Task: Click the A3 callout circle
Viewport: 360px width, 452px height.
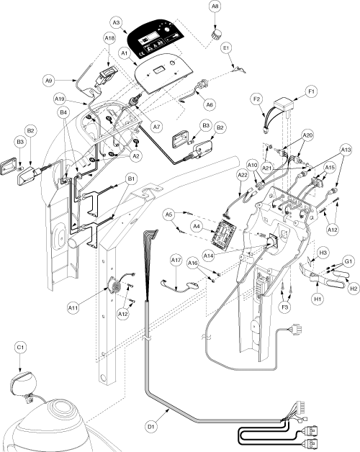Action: tap(116, 22)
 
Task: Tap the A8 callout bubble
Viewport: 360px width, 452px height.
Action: tap(215, 7)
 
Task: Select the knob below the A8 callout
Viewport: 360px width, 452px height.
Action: tap(215, 35)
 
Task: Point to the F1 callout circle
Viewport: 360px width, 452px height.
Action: tap(311, 91)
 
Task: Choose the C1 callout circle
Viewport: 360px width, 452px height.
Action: tap(20, 348)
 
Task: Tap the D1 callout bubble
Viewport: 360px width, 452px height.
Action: tap(152, 426)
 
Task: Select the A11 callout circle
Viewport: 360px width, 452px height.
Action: tap(73, 308)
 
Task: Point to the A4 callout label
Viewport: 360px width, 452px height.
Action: tap(196, 226)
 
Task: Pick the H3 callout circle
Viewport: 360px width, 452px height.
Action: tap(323, 253)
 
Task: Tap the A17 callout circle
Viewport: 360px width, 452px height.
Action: tap(176, 260)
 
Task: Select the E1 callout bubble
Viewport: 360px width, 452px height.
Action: tap(226, 48)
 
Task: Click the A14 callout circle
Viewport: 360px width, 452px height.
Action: tap(208, 256)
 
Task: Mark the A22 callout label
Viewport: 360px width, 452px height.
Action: tap(243, 175)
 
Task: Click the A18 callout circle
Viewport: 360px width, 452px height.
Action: tap(109, 37)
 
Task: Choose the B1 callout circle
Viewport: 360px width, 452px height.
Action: tap(131, 178)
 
